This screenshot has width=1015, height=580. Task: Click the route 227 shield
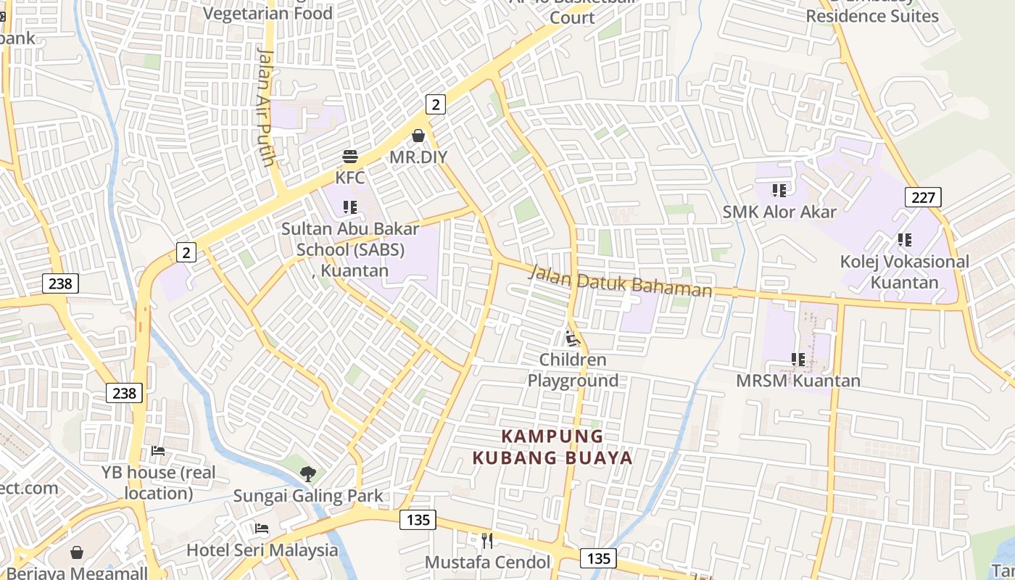[923, 196]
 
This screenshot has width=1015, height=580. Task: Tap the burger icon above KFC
[350, 157]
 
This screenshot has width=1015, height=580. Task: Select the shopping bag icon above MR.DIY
[418, 136]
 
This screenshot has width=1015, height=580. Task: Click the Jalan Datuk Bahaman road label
[620, 281]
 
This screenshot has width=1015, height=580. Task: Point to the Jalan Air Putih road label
[266, 106]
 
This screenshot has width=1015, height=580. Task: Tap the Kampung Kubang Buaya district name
[552, 447]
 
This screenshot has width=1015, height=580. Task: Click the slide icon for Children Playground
[573, 338]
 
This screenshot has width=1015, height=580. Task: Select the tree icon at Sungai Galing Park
[308, 474]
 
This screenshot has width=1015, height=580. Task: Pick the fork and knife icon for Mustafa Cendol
[487, 541]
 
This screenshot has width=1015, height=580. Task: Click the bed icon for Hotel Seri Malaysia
[262, 529]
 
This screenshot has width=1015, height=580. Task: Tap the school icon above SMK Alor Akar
[779, 191]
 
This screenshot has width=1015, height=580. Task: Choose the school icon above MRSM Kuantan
[798, 360]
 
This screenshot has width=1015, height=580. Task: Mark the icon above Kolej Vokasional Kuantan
[904, 239]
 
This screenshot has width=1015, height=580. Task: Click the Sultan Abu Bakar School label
[350, 249]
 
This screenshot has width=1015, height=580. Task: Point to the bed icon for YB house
[158, 451]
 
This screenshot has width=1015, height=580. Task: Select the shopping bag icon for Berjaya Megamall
[77, 552]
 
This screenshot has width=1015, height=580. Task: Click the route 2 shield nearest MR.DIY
[435, 104]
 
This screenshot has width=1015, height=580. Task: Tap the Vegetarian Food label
[268, 13]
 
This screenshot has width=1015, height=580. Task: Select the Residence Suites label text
[871, 16]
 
